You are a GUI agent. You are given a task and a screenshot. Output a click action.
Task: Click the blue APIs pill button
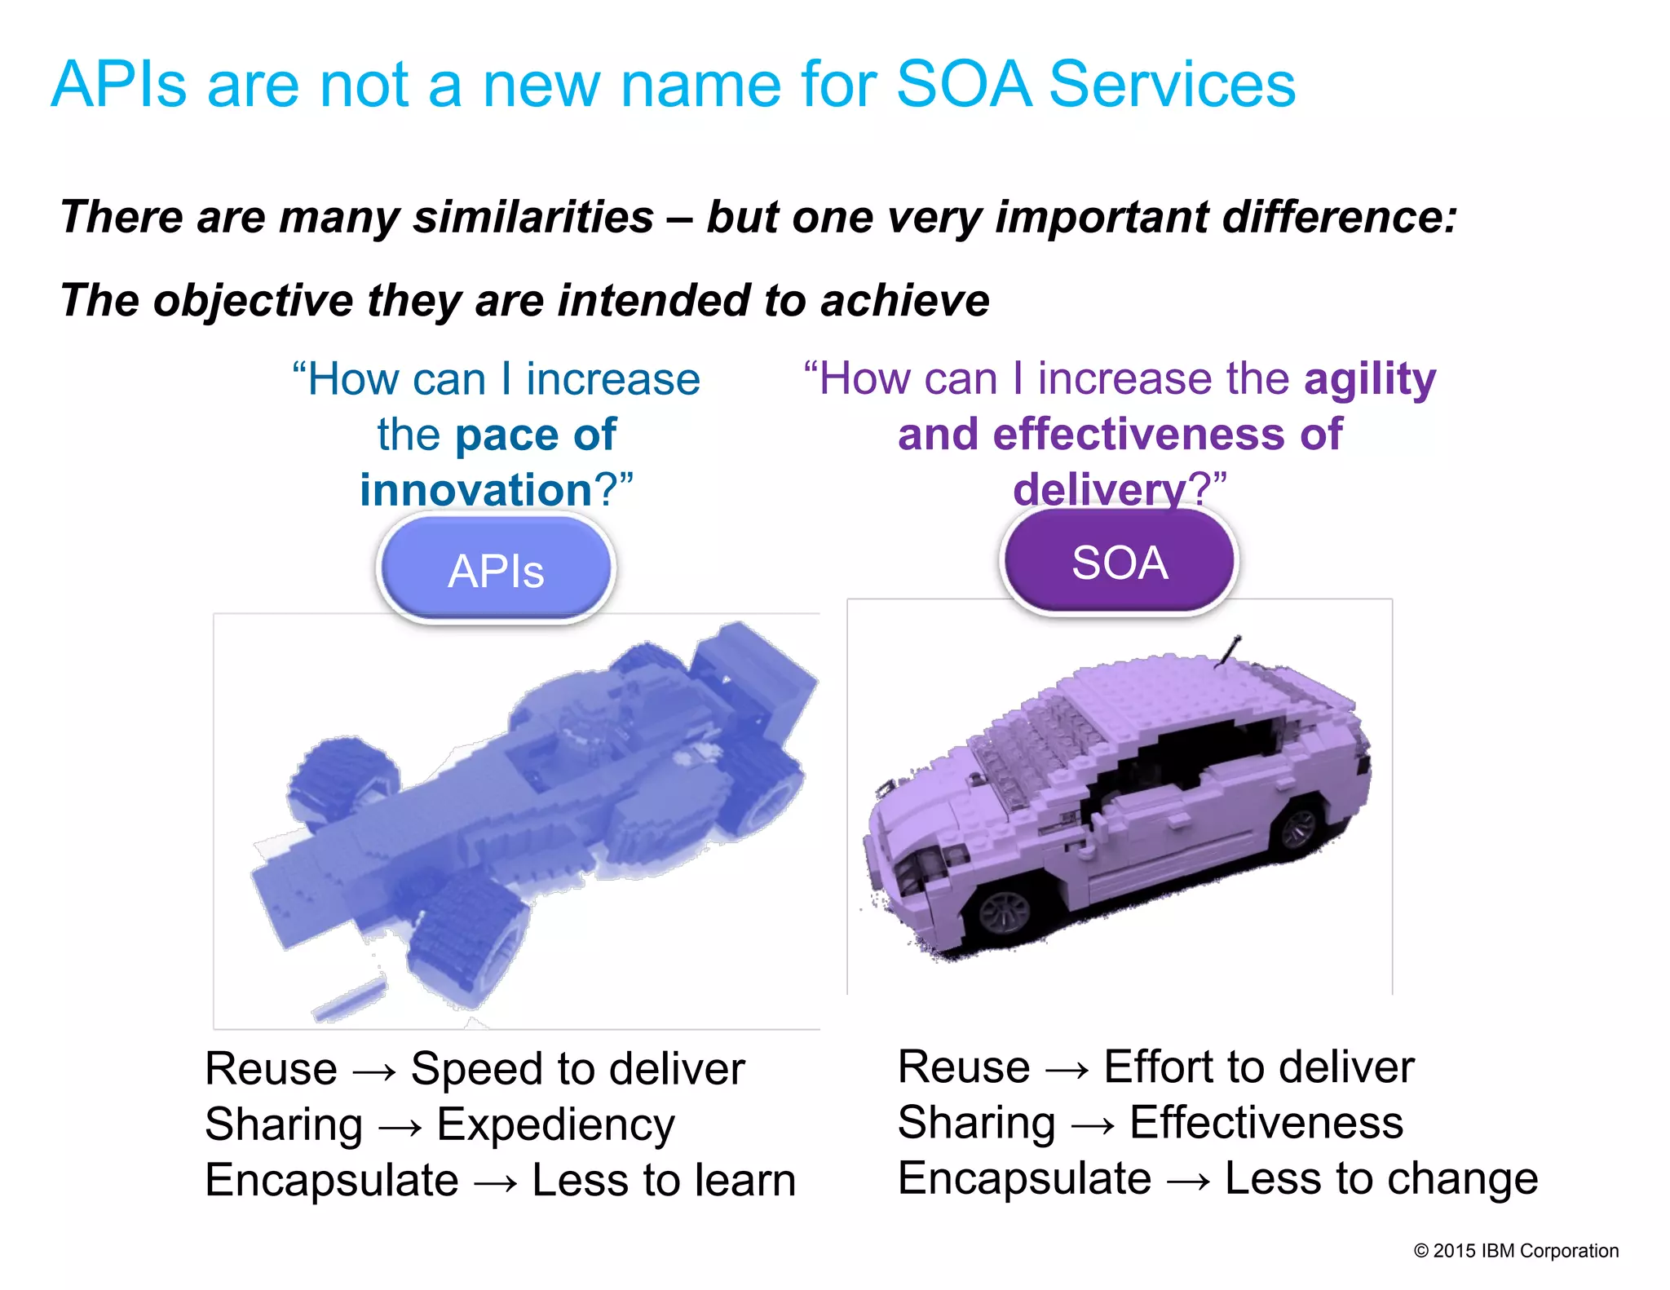(495, 569)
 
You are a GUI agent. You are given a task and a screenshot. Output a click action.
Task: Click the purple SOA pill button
(1119, 562)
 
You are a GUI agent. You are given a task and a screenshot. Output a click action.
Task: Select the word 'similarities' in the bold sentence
(533, 218)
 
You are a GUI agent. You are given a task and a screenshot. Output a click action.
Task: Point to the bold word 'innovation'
(476, 490)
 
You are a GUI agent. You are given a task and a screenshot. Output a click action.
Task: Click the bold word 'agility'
(1369, 379)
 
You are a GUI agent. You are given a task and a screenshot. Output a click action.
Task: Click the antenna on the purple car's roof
(1227, 652)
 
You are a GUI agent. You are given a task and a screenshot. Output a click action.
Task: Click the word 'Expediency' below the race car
(555, 1124)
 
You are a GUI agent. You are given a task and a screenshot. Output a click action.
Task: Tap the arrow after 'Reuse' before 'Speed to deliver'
(374, 1071)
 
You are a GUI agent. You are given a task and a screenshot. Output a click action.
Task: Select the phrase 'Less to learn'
(664, 1180)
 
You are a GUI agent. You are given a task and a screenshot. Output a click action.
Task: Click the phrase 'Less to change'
(1381, 1178)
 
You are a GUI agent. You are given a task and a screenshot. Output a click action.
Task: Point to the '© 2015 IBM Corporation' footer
(1516, 1250)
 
